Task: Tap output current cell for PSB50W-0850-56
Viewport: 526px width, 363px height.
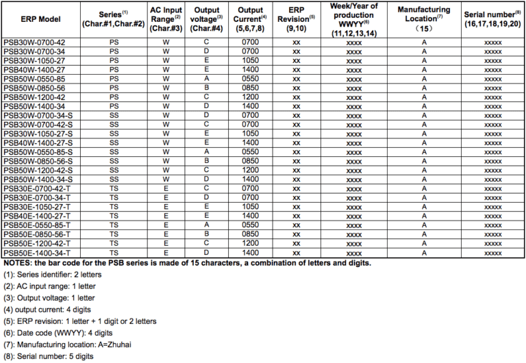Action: pos(251,88)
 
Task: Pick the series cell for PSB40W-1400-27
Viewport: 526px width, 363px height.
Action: pos(114,69)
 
